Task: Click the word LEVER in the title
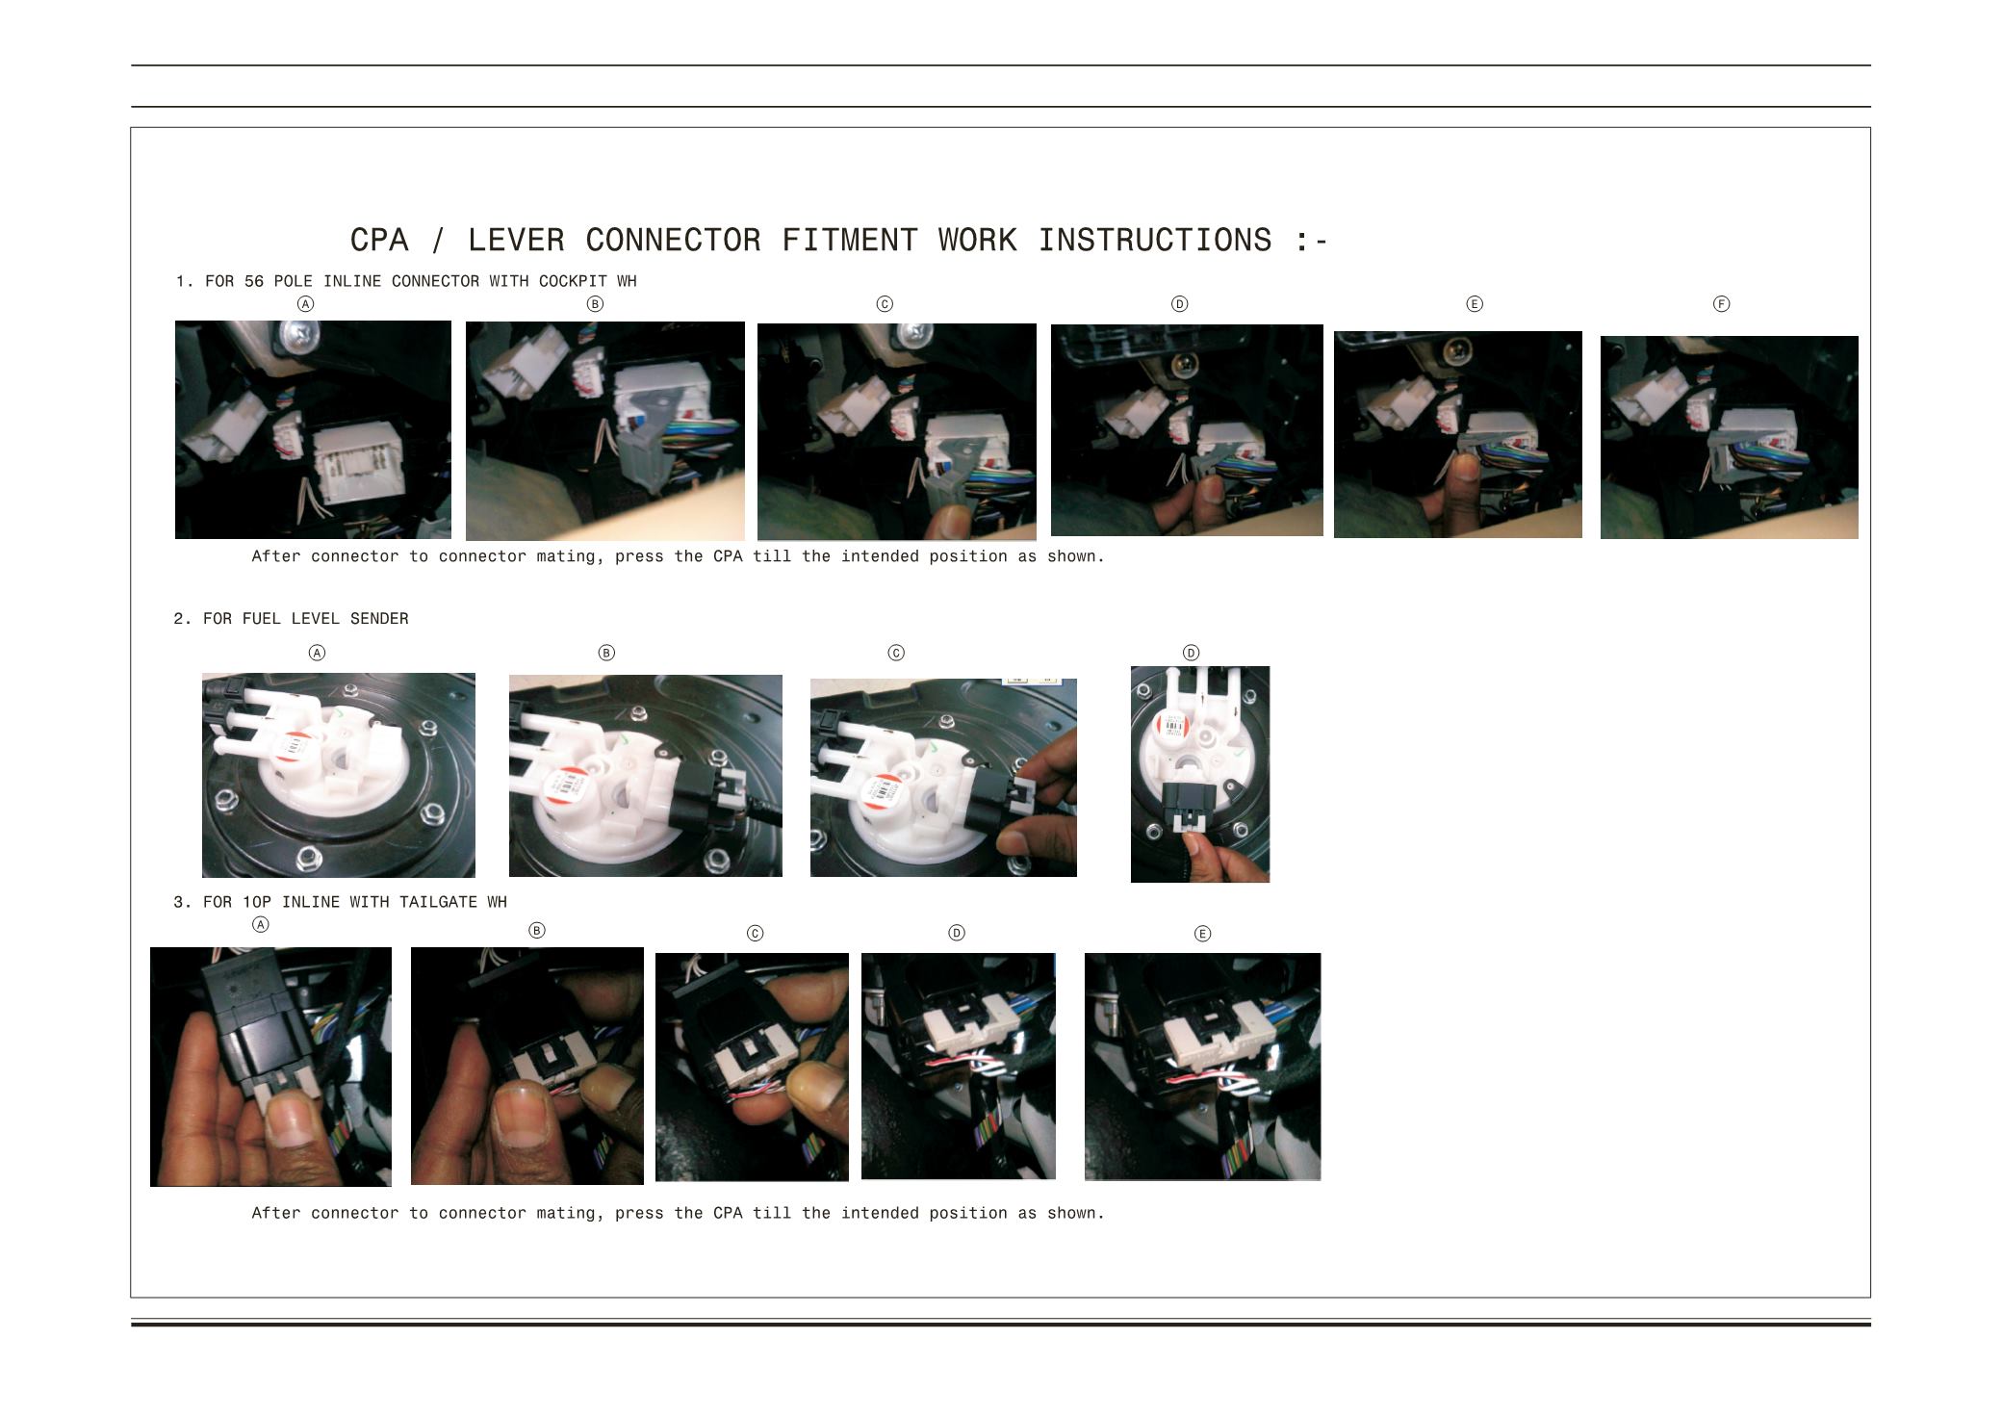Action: tap(517, 240)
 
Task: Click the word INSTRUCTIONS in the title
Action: tap(1155, 240)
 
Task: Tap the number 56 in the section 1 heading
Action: tap(254, 281)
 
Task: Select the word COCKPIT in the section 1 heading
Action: tap(573, 281)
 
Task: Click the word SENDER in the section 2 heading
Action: tap(379, 619)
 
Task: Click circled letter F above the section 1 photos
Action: tap(1722, 304)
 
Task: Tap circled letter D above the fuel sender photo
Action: tap(1191, 653)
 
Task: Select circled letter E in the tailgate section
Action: tap(1202, 934)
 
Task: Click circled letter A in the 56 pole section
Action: tap(305, 304)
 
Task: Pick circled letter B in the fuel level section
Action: tap(606, 653)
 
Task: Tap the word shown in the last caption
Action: tap(1075, 1213)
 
